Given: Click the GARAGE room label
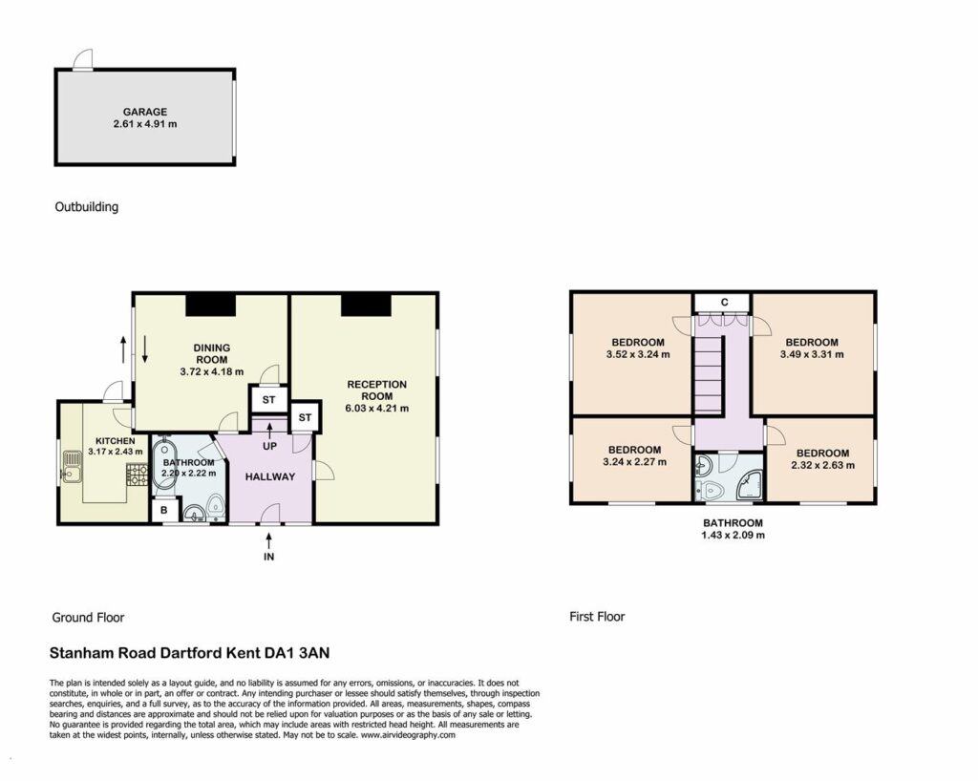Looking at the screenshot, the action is pos(145,112).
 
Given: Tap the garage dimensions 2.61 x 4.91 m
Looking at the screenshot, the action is pos(145,124).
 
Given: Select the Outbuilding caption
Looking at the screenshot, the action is pos(87,207).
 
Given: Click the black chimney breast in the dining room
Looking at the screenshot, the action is pos(211,305).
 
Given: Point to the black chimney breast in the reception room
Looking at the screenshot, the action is pos(366,305).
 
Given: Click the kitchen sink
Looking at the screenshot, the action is pos(72,467).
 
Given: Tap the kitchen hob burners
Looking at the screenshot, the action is pos(138,475).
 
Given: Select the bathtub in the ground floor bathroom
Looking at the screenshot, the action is pos(165,464).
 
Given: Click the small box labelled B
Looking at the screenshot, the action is pos(164,511).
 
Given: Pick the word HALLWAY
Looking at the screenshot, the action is pos(269,476).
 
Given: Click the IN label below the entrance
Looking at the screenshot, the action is pos(268,557).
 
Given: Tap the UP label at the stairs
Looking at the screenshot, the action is pos(269,447).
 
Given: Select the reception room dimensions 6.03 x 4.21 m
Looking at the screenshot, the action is pos(376,409).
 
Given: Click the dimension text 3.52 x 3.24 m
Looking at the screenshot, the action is pos(637,354).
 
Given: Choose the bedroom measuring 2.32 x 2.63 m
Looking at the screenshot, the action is pos(821,460).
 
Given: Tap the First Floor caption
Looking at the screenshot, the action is pos(597,617).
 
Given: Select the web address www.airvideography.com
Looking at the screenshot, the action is pos(408,735).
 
